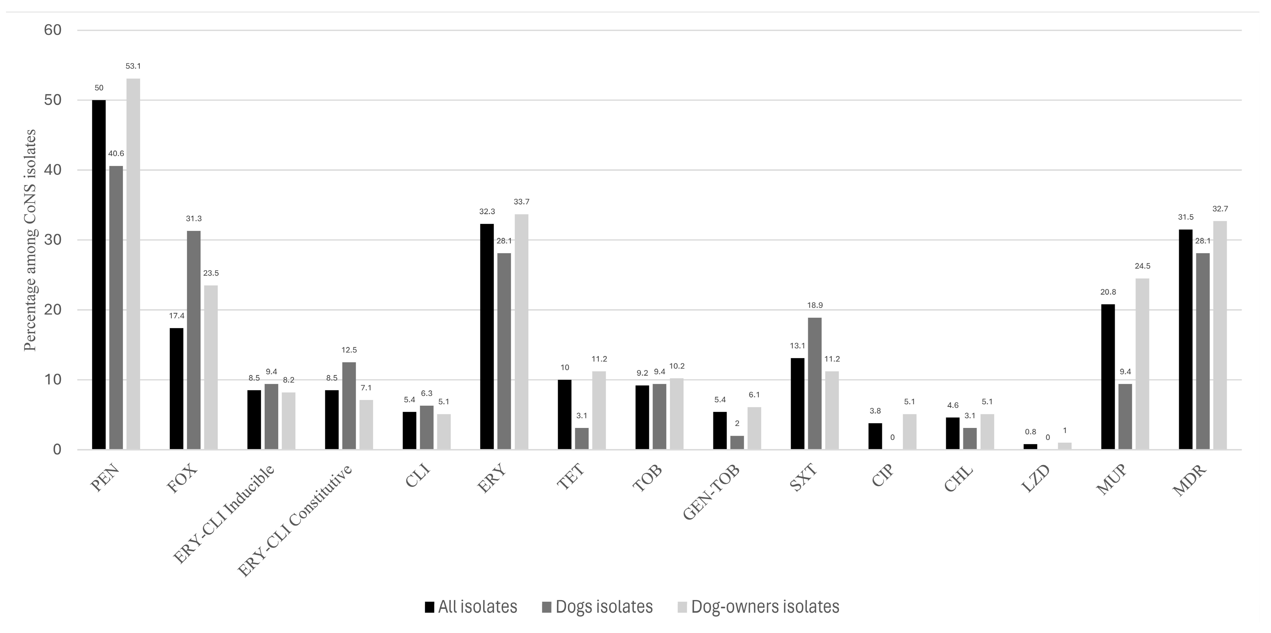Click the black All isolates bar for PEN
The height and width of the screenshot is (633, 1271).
pyautogui.click(x=99, y=274)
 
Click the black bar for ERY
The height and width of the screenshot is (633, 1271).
pyautogui.click(x=487, y=337)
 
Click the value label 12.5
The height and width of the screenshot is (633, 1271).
pyautogui.click(x=349, y=350)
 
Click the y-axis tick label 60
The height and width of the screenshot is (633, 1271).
pyautogui.click(x=53, y=30)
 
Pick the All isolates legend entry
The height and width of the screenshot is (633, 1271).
pyautogui.click(x=471, y=606)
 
